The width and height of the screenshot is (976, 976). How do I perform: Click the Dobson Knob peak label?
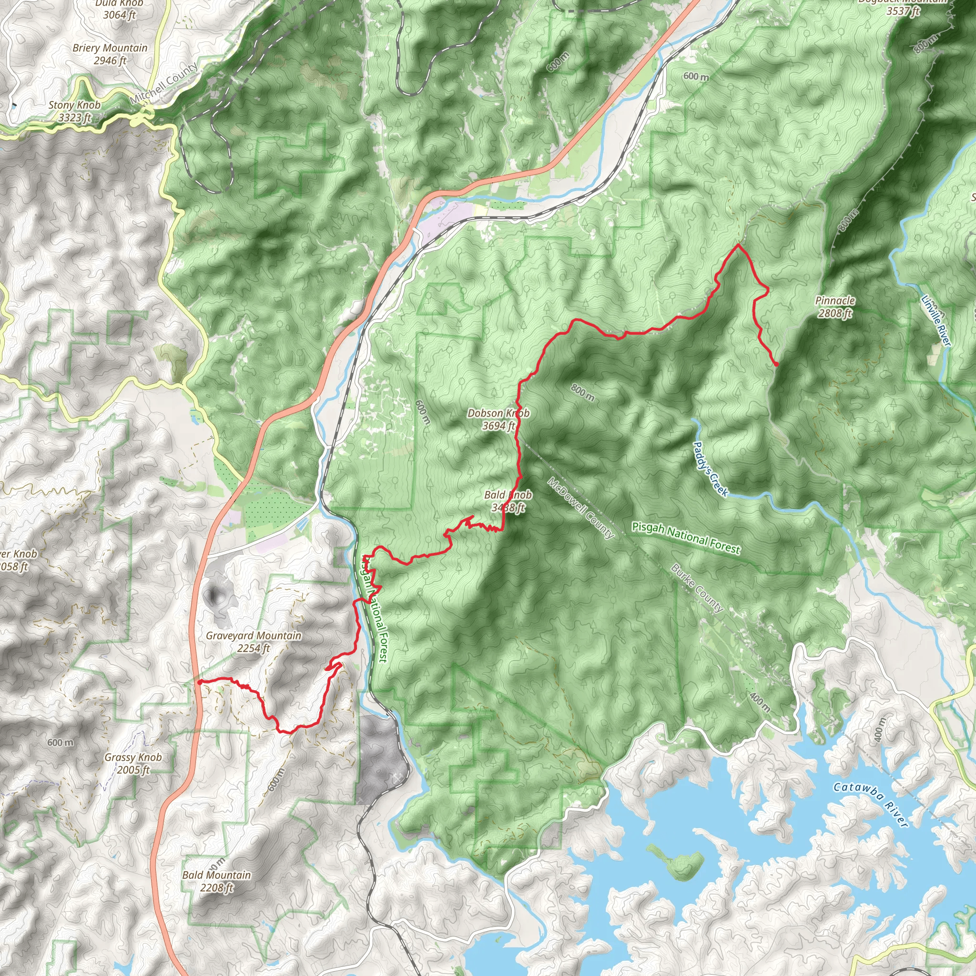click(498, 419)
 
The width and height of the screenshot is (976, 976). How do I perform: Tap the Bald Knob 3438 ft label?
click(508, 501)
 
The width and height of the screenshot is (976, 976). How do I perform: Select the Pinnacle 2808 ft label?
click(834, 306)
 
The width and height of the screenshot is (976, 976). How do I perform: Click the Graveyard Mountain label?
click(253, 641)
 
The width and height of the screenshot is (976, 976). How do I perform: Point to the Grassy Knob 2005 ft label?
click(133, 763)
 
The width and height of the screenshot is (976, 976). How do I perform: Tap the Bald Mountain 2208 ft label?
click(216, 881)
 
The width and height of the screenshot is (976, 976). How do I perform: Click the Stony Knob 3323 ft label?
click(74, 111)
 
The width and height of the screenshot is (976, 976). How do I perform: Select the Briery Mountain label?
click(110, 54)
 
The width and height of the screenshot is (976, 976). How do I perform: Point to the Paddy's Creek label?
click(710, 469)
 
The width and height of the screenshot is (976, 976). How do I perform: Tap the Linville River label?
click(935, 321)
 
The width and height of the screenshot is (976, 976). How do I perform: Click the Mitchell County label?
click(165, 83)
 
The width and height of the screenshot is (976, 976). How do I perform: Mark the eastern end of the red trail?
click(776, 364)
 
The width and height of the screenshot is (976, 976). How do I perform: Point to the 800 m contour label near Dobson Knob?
click(582, 393)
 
